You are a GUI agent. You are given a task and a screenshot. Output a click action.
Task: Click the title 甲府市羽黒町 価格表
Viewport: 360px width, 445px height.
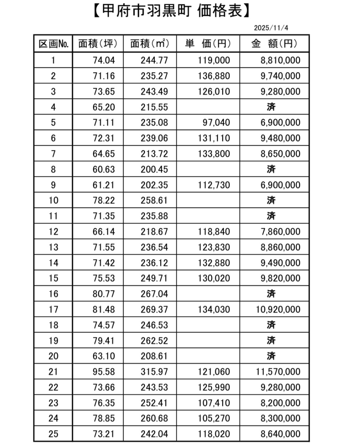point(171,11)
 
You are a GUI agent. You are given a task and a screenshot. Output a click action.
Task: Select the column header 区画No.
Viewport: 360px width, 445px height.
point(53,44)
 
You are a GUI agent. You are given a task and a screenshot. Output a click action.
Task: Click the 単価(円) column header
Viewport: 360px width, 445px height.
point(208,44)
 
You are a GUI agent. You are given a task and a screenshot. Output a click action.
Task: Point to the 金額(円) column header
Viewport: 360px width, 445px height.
point(274,44)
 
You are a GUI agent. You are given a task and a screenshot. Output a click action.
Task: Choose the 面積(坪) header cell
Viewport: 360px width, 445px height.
point(98,44)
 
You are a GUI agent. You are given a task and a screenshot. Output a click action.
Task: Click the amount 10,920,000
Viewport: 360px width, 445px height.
point(278,309)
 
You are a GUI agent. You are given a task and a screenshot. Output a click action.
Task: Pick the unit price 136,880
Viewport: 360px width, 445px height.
point(214,76)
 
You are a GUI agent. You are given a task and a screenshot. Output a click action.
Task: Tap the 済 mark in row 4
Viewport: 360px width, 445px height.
point(271,107)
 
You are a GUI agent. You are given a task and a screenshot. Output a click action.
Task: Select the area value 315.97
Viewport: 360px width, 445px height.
point(154,372)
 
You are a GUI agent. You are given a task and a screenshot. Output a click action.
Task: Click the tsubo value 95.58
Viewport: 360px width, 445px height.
point(104,372)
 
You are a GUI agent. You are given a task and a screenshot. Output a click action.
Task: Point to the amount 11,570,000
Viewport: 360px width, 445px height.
point(278,372)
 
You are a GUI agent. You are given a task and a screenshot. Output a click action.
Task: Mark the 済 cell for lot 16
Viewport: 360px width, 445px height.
point(271,294)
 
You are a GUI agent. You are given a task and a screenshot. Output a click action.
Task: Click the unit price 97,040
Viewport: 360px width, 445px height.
point(216,122)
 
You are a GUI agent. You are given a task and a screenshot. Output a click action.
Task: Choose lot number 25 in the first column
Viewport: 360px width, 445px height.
point(53,434)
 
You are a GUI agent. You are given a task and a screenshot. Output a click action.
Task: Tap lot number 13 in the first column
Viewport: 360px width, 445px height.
point(53,247)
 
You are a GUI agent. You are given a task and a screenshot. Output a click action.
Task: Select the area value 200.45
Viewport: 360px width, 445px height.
point(154,169)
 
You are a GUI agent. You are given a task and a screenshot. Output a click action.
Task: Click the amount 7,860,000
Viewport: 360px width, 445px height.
point(280,232)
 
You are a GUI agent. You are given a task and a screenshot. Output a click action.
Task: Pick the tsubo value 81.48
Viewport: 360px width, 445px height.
point(104,309)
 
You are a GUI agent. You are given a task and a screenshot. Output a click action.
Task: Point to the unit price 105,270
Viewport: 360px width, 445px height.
point(214,418)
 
